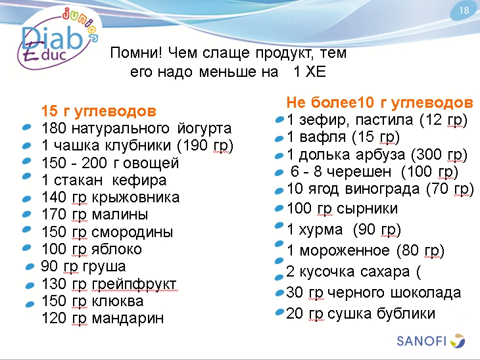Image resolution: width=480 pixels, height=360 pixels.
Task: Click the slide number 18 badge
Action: tap(464, 11)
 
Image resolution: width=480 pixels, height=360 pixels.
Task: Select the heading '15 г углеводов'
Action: tap(99, 110)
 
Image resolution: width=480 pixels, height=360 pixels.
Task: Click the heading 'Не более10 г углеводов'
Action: tap(379, 102)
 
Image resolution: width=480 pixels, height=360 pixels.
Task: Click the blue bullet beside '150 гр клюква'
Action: tap(30, 304)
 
